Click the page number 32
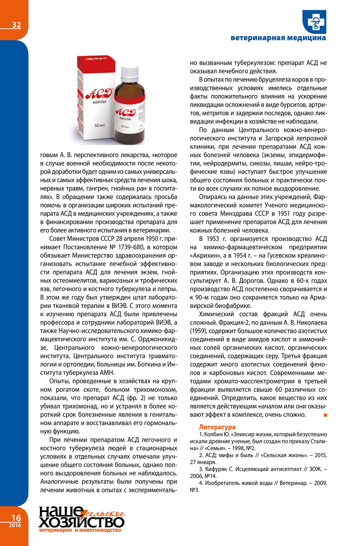[x=16, y=25]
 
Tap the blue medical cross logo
[x=314, y=22]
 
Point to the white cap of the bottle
[x=130, y=72]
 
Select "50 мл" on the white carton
[x=100, y=125]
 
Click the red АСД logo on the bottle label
[x=126, y=112]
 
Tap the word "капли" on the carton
[x=100, y=102]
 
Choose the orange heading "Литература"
[x=217, y=427]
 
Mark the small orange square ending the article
[x=325, y=415]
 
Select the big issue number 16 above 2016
[x=16, y=518]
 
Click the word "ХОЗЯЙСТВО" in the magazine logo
[x=82, y=522]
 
